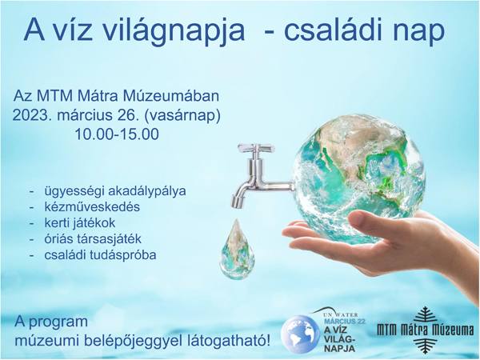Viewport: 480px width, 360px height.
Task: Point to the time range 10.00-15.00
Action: (117, 134)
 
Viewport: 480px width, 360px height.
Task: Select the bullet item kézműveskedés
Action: (92, 207)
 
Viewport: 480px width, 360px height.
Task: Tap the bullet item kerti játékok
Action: (80, 223)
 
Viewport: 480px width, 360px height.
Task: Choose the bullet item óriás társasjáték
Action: (93, 239)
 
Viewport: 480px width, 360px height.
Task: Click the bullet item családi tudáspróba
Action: (100, 255)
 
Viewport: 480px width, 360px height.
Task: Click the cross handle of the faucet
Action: (255, 147)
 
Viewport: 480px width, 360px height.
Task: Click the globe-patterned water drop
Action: (236, 250)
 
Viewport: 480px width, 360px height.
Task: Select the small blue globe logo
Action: (300, 334)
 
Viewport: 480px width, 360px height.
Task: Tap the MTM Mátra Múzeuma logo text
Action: (426, 330)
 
